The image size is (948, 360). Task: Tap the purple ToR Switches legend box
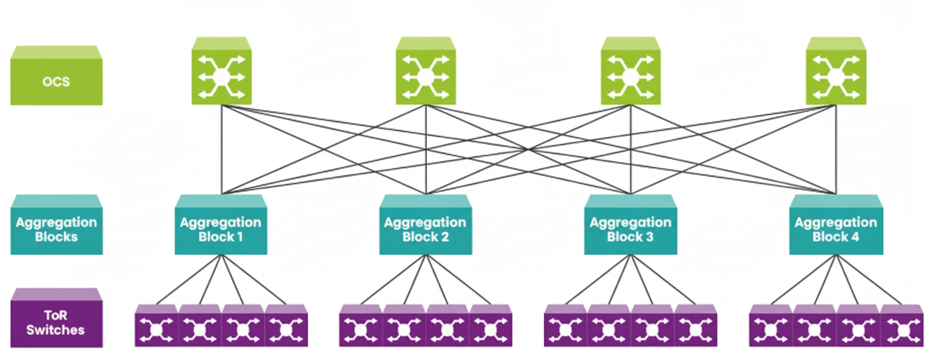56,322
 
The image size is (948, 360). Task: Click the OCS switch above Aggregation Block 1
221,76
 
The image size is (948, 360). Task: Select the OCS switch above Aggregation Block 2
425,76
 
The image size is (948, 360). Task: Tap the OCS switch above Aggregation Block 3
630,76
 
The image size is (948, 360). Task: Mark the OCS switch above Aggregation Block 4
835,76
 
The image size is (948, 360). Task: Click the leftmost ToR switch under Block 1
156,329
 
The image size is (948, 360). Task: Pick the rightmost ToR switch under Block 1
286,329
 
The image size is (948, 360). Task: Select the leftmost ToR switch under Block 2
361,329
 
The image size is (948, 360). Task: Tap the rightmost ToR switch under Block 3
695,329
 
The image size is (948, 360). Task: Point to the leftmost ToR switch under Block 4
771,329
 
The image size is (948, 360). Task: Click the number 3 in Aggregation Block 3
649,237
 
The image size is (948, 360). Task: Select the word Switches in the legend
55,330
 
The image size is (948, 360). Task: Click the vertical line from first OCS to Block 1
222,149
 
